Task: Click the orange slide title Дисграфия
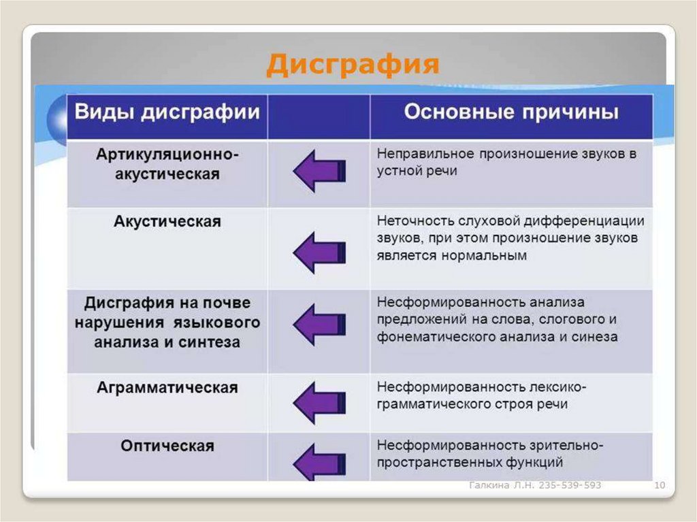pos(352,65)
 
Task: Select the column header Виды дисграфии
pos(167,112)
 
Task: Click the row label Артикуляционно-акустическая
pos(167,164)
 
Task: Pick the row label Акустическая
pos(167,222)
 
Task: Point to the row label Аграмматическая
pos(167,388)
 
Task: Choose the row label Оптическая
pos(167,446)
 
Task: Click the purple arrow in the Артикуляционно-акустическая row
pos(319,171)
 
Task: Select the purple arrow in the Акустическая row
pos(319,252)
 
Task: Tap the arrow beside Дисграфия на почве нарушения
pos(319,324)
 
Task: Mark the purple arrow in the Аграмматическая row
pos(319,402)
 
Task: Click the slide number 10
pos(659,485)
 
